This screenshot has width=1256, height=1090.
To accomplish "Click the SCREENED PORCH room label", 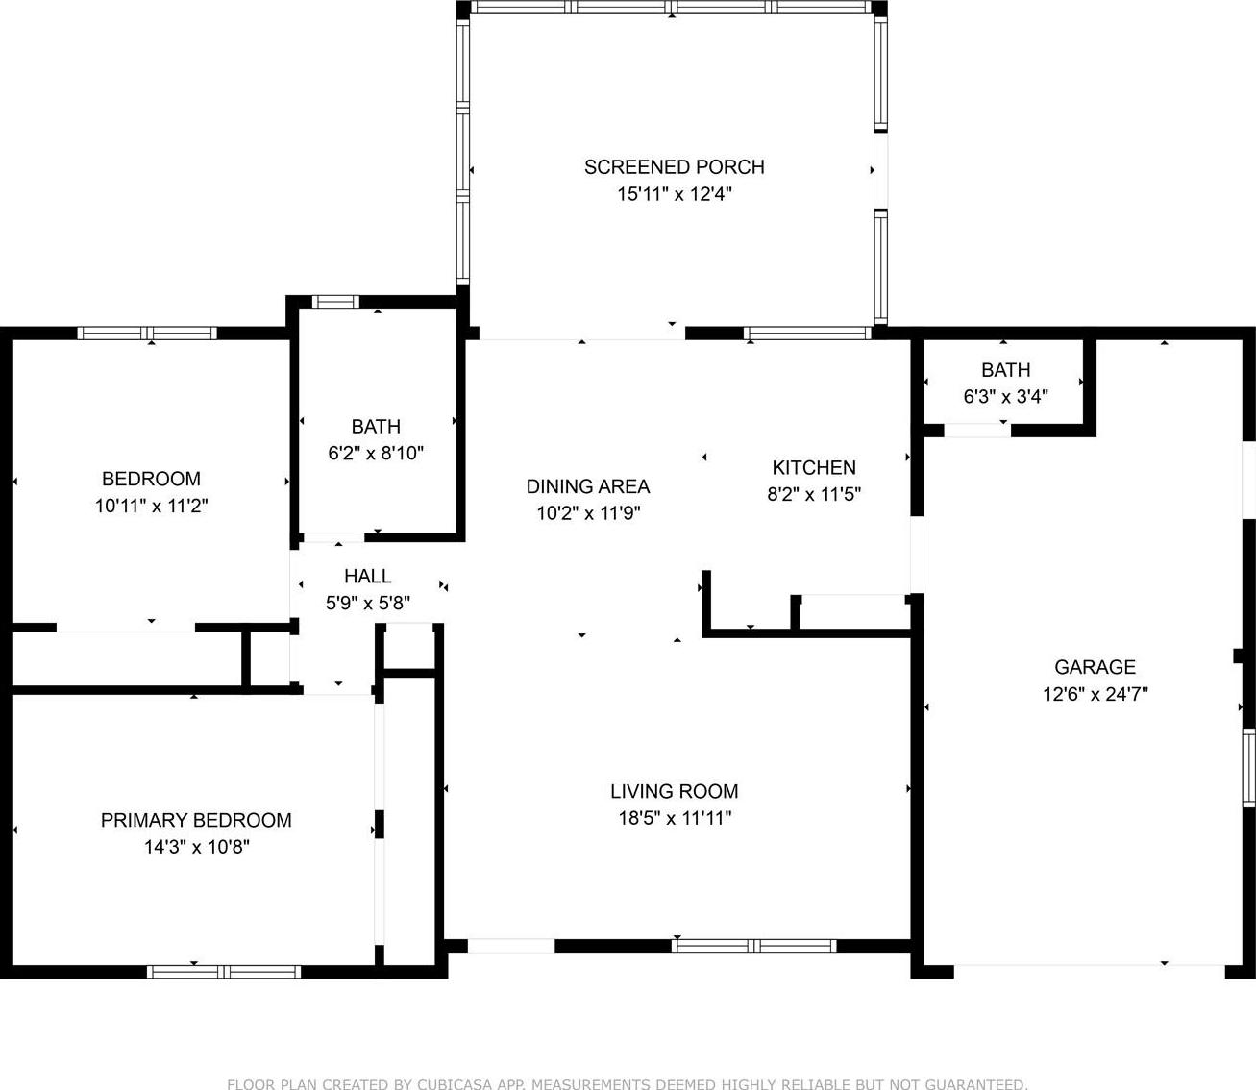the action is [674, 167].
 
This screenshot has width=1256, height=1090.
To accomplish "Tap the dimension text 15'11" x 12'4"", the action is [674, 194].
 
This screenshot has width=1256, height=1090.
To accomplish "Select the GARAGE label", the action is [1095, 667].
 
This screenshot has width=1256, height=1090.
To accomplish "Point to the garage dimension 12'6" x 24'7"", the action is [1095, 694].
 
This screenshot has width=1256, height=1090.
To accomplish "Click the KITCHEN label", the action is [814, 468].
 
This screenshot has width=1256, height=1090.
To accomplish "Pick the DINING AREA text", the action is [587, 486].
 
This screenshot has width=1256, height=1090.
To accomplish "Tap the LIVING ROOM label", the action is [674, 791].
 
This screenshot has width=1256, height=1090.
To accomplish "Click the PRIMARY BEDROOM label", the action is [196, 820].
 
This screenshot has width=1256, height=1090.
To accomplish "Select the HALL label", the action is [367, 576].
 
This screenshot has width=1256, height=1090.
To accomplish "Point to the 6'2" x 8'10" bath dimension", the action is [376, 453].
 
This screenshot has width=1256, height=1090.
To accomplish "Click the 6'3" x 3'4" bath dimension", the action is [1005, 397].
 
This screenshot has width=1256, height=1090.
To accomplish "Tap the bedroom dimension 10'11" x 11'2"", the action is [151, 506].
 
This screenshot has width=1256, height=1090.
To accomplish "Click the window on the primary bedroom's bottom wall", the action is [224, 972].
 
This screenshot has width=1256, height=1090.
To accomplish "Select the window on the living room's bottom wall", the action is [753, 946].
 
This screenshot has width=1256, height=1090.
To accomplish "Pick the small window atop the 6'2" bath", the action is [335, 302].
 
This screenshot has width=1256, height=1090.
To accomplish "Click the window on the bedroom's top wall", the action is [147, 333].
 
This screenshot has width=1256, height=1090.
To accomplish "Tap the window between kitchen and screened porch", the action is [807, 333].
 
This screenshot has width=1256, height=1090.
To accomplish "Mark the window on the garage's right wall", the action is [1249, 768].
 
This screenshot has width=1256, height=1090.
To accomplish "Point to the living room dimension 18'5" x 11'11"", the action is [674, 818].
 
